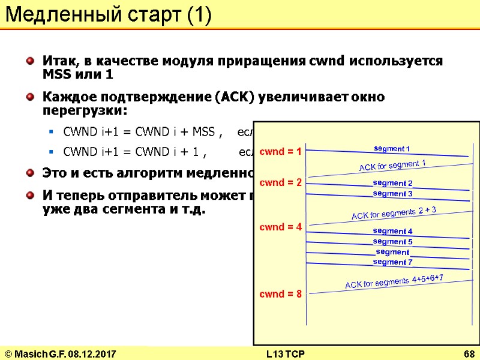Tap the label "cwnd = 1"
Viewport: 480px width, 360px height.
[x=280, y=152]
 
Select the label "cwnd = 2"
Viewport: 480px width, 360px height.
[x=280, y=182]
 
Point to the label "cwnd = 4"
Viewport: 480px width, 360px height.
[x=280, y=227]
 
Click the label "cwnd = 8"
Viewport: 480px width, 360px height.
[x=280, y=294]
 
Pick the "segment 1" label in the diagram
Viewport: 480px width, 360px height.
[x=392, y=148]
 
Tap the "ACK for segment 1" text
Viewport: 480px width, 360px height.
[x=392, y=165]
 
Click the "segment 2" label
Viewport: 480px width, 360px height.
[x=392, y=183]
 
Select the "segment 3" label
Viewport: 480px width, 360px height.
[x=392, y=193]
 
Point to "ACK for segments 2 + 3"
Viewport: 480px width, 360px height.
[x=394, y=212]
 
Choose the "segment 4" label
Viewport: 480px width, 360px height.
[x=392, y=231]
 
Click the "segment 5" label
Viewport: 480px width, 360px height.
[x=392, y=241]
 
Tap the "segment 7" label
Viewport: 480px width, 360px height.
[x=392, y=262]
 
